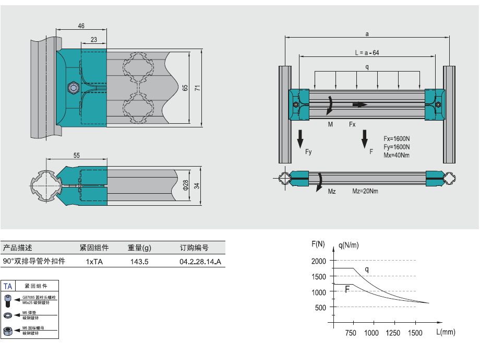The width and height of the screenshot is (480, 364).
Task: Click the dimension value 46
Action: click(x=81, y=26)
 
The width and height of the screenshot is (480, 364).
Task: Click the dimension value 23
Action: click(x=93, y=40)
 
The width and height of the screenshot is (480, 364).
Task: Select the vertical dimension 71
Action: click(x=197, y=87)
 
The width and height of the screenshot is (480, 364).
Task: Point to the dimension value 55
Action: click(x=77, y=155)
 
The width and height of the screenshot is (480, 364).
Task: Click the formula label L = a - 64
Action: click(x=367, y=53)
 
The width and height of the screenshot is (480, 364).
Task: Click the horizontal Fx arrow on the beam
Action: click(x=360, y=104)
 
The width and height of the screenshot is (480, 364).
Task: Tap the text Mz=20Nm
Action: click(x=365, y=191)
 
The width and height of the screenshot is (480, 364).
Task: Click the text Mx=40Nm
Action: click(x=397, y=155)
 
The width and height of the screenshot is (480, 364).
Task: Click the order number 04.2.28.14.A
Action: click(x=200, y=261)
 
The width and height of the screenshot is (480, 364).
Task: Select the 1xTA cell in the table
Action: click(x=94, y=261)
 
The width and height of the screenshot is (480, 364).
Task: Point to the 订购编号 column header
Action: click(x=194, y=248)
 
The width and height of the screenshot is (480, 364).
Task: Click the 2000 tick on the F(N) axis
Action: click(x=318, y=261)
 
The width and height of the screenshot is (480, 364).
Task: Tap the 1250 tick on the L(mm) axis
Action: click(x=393, y=333)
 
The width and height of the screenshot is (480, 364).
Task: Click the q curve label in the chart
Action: click(x=366, y=269)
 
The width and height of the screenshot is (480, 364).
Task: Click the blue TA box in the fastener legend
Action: click(x=8, y=286)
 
